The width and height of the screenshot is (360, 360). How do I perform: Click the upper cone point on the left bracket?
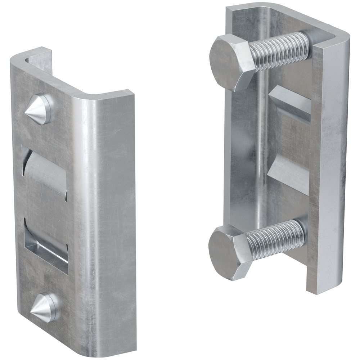(37, 109)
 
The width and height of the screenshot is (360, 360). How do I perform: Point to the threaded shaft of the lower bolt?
(277, 238)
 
